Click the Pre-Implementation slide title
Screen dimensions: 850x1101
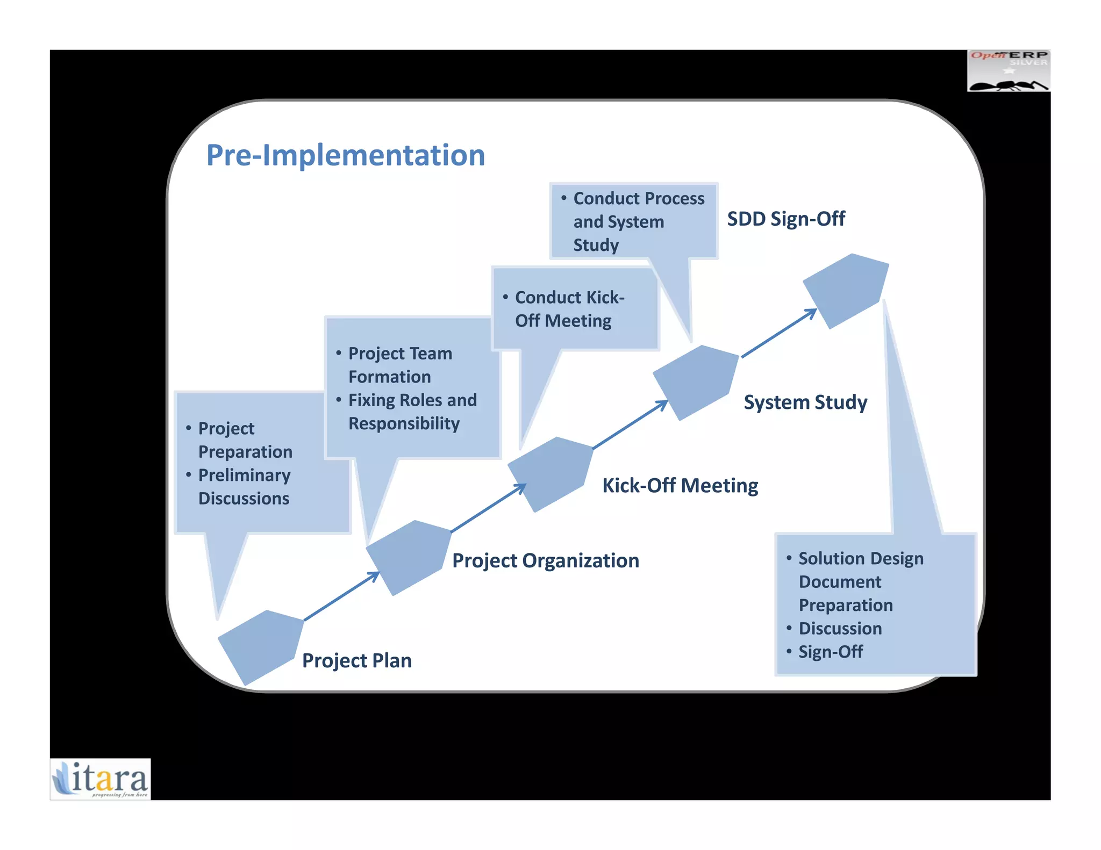[x=346, y=155]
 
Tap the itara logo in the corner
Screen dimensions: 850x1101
[x=101, y=779]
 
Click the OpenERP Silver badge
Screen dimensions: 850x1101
[x=1009, y=71]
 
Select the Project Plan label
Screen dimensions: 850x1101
[x=357, y=660]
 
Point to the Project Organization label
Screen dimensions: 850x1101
[x=546, y=560]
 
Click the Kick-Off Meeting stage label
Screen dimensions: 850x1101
[x=680, y=485]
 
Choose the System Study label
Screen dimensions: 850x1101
[x=805, y=402]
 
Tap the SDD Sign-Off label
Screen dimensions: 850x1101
[x=786, y=219]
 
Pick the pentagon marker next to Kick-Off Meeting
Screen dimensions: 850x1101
[x=551, y=473]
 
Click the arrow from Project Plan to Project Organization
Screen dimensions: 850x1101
[x=342, y=596]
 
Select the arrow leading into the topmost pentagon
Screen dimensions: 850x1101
[x=779, y=333]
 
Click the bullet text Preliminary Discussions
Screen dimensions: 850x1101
[x=244, y=487]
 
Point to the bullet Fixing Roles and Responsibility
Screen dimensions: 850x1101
[x=412, y=412]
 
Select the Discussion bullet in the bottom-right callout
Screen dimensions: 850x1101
[x=840, y=628]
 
